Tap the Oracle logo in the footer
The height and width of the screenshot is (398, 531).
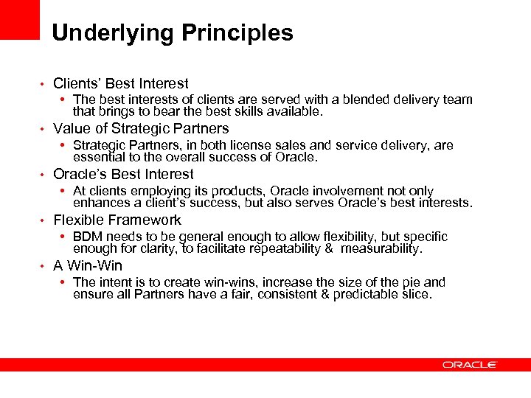coord(470,364)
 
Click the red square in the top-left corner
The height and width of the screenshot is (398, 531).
coord(19,19)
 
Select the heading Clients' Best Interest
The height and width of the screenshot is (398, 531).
coord(121,84)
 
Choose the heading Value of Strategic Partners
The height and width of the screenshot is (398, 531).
coord(141,129)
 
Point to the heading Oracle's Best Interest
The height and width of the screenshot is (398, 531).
coord(123,175)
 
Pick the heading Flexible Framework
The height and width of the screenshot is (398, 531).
coord(117,220)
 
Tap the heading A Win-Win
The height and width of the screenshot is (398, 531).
coord(88,266)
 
